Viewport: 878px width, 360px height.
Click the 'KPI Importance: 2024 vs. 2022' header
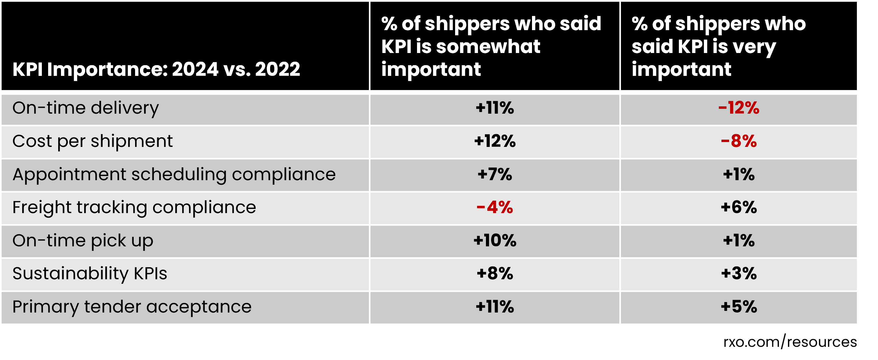point(156,69)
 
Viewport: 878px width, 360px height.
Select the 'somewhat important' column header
point(491,46)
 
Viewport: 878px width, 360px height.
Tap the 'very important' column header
point(718,46)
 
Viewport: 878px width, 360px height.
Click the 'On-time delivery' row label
point(86,108)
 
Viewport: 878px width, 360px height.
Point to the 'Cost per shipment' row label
point(92,141)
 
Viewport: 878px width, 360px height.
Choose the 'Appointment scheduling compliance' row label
point(174,174)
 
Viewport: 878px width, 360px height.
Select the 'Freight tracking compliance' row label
point(134,208)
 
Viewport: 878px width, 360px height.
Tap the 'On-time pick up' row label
point(83,241)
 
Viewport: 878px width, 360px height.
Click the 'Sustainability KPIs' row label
point(90,274)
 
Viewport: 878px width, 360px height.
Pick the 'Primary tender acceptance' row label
point(132,307)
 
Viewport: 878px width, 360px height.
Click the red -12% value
point(738,108)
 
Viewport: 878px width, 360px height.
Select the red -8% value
point(738,141)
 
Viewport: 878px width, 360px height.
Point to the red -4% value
point(495,208)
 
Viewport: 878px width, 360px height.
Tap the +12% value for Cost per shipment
point(495,141)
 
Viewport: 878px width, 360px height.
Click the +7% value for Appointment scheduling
point(495,174)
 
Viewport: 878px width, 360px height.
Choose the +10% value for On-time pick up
point(495,241)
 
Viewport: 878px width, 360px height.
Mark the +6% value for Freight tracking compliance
point(738,208)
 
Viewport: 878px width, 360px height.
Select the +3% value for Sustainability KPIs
point(738,274)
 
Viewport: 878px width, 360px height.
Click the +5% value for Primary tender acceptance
point(738,307)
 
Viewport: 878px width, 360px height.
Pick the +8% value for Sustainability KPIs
point(495,274)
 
